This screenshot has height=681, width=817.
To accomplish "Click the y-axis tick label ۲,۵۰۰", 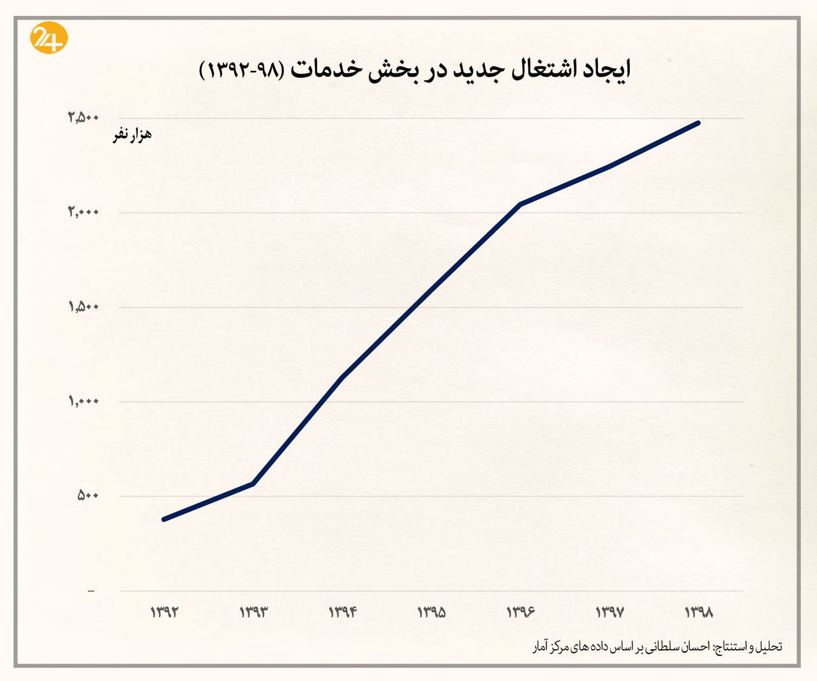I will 84,117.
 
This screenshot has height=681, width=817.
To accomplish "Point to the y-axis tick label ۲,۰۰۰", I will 84,212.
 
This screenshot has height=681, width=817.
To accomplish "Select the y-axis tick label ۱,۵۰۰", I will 84,307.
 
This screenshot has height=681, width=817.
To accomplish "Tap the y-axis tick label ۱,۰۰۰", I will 84,401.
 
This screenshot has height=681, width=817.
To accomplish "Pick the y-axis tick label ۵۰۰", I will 88,496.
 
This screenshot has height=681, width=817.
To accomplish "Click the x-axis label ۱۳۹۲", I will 164,612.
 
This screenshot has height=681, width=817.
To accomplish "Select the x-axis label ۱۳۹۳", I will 253,612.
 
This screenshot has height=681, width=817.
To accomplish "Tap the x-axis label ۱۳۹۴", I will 342,612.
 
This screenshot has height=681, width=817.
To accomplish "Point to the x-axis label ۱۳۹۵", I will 431,612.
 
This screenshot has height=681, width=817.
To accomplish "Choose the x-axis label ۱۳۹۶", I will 520,612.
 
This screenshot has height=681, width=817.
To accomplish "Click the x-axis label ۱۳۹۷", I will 610,612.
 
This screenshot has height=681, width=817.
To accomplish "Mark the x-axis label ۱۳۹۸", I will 698,612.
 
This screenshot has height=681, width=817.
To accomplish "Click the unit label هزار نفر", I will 132,135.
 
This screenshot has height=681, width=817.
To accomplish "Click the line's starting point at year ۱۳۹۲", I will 164,519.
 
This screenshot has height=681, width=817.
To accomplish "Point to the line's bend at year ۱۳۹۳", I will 253,484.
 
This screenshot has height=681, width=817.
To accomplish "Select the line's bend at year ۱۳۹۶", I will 520,204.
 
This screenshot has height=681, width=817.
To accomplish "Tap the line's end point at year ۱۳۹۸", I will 698,123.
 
